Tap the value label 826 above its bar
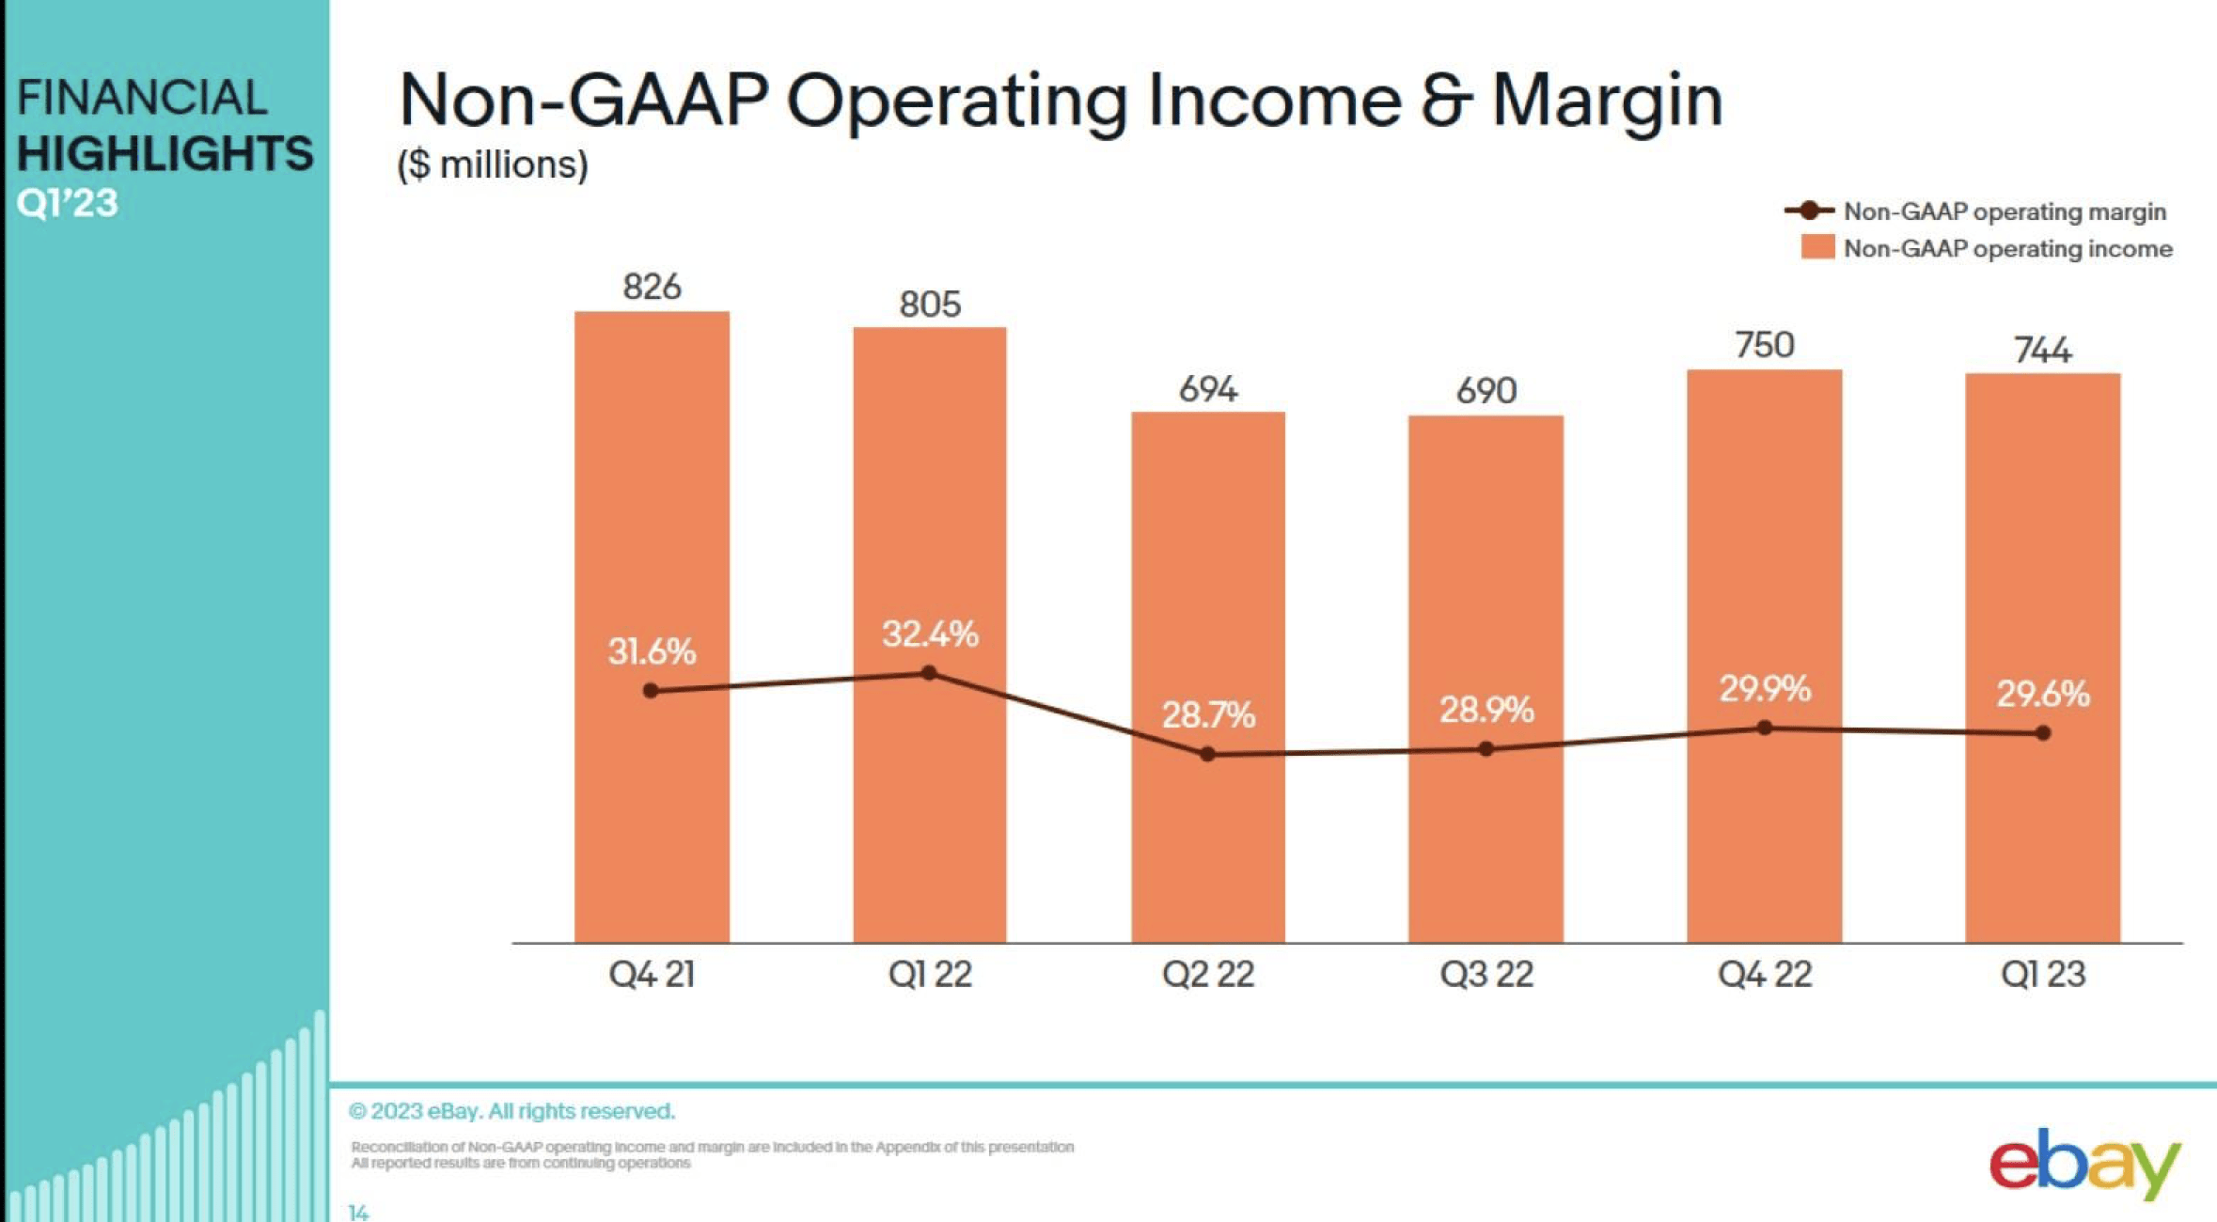(x=652, y=287)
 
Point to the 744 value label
(x=2042, y=351)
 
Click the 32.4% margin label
(x=930, y=634)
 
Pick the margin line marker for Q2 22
(x=1208, y=754)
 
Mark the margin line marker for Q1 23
(x=2042, y=733)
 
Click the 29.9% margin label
(x=1765, y=689)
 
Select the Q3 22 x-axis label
(x=1486, y=975)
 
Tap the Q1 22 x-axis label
(x=930, y=975)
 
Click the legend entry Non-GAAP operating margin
(x=2005, y=211)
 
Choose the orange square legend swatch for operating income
(x=1817, y=248)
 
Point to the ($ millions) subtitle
(x=494, y=164)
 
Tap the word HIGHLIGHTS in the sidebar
(x=165, y=153)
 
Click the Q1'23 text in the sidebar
(x=68, y=203)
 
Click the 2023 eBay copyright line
(x=512, y=1111)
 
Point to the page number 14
(x=358, y=1213)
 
